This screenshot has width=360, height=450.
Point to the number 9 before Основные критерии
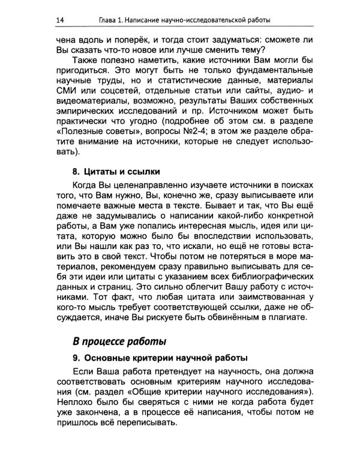(74, 359)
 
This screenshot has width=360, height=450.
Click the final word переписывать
(149, 422)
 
